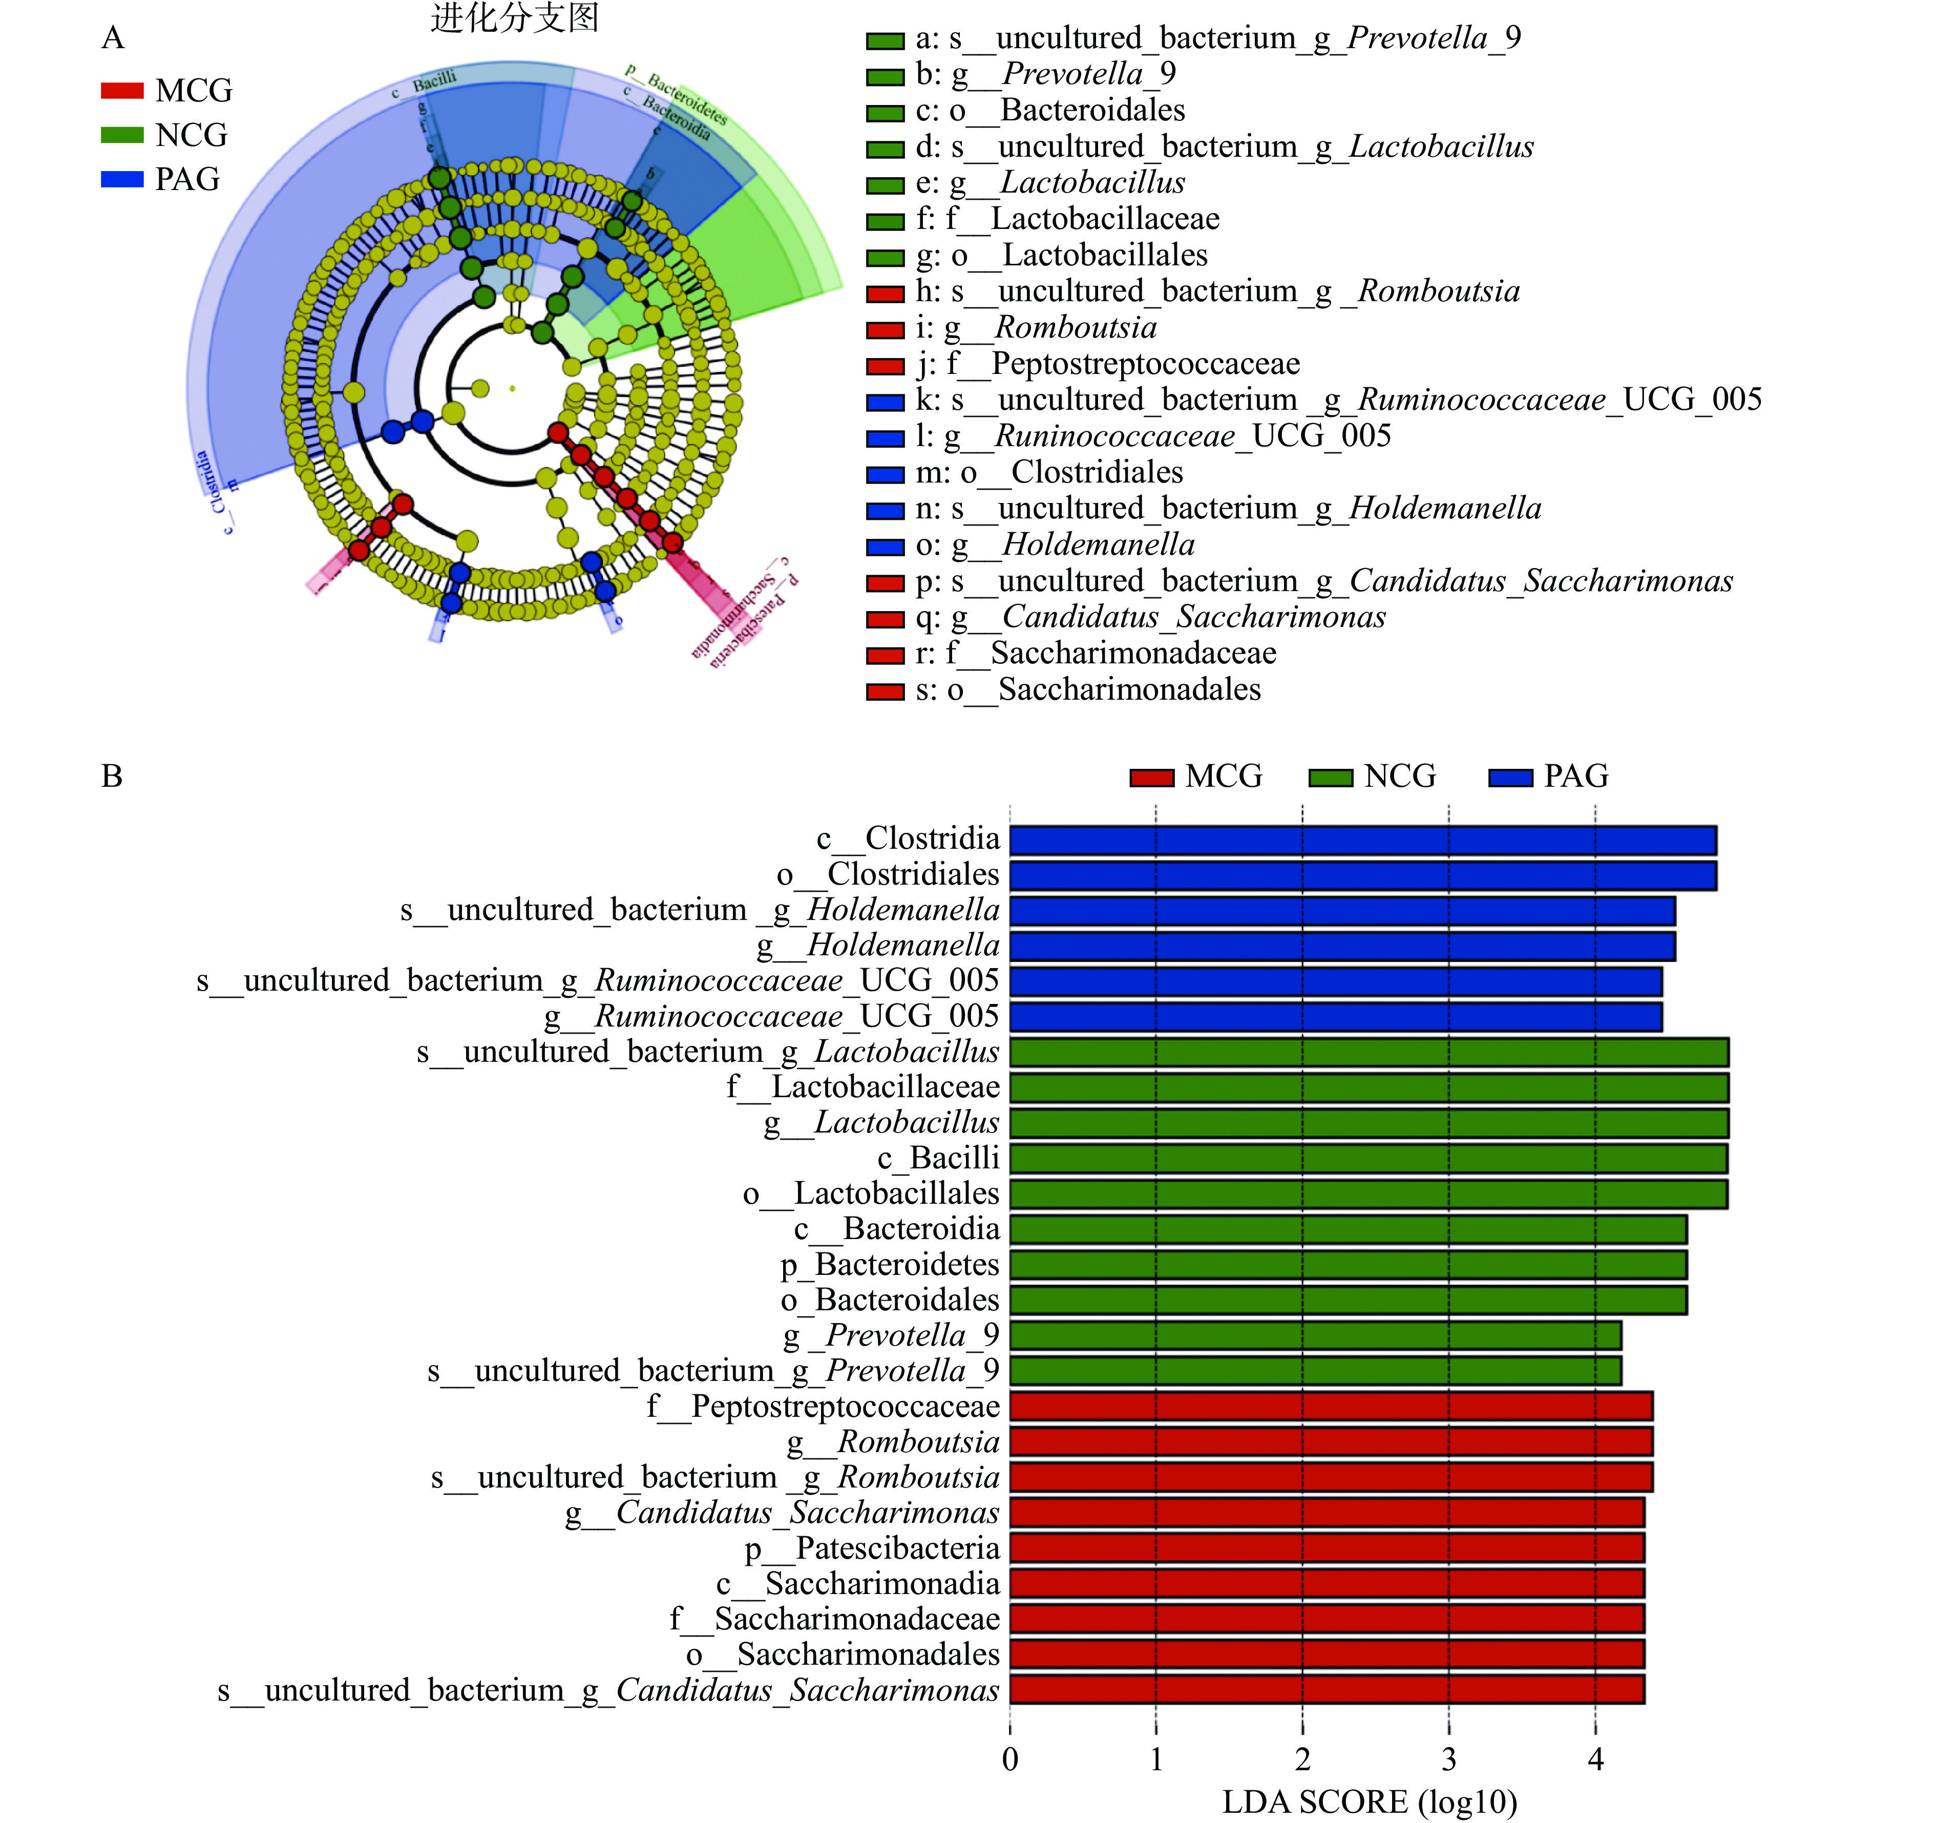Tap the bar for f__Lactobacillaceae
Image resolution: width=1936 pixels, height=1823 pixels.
[x=1368, y=1087]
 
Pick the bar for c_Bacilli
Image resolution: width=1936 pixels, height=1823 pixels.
[x=1368, y=1158]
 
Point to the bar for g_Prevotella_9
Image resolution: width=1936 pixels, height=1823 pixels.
[x=1315, y=1335]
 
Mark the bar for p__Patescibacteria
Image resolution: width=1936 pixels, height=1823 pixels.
[x=1327, y=1547]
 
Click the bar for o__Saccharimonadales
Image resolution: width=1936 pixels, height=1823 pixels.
[x=1327, y=1653]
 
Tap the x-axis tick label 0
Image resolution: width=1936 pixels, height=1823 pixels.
[x=1010, y=1759]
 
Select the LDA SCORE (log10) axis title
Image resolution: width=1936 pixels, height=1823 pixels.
[x=1369, y=1801]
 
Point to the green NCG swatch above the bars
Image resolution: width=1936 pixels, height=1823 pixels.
[x=1330, y=777]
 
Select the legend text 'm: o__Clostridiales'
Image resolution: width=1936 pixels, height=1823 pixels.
[x=1049, y=472]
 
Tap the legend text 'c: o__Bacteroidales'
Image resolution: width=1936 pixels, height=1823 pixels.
[x=1050, y=110]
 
